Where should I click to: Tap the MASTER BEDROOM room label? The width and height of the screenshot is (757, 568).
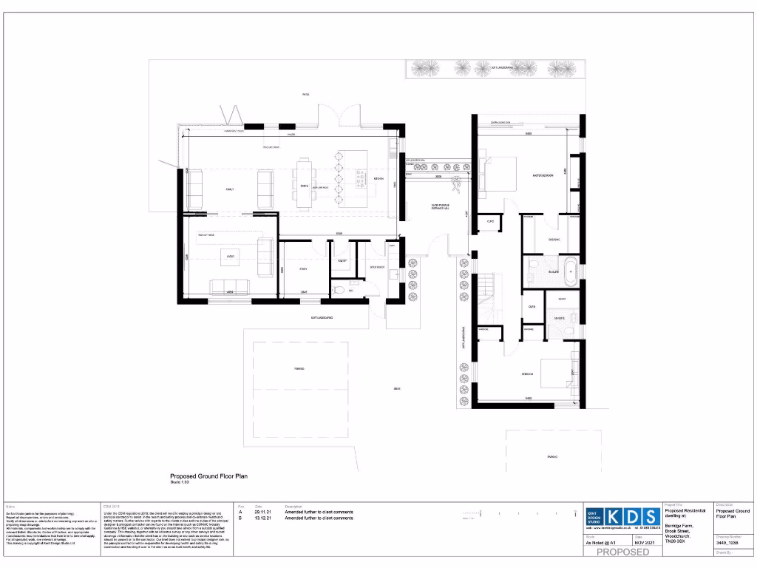click(543, 175)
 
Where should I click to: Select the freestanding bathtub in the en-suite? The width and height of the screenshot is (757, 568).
click(570, 272)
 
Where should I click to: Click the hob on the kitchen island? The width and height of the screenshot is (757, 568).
click(361, 177)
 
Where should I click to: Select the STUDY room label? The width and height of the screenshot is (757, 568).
click(302, 269)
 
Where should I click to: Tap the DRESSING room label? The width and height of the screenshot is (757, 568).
click(554, 240)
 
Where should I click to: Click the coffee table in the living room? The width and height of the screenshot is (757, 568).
click(230, 257)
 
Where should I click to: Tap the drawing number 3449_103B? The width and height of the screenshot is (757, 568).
click(727, 543)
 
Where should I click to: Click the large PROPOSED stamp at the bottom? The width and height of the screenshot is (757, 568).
click(622, 552)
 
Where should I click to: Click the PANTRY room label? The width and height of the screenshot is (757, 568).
click(342, 261)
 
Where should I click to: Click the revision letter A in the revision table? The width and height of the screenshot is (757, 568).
click(240, 512)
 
